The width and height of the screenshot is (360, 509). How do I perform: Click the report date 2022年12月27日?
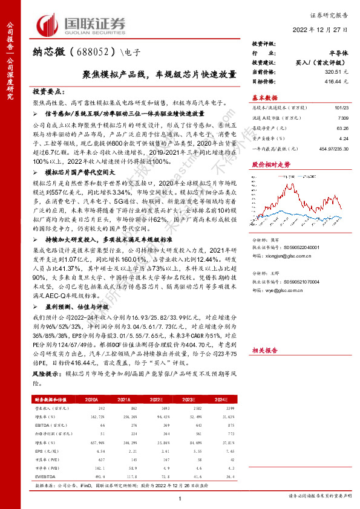click(x=324, y=30)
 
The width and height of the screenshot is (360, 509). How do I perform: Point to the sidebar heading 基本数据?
click(x=264, y=97)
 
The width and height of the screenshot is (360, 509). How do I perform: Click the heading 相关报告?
click(x=264, y=350)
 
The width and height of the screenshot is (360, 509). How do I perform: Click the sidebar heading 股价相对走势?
click(x=267, y=164)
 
